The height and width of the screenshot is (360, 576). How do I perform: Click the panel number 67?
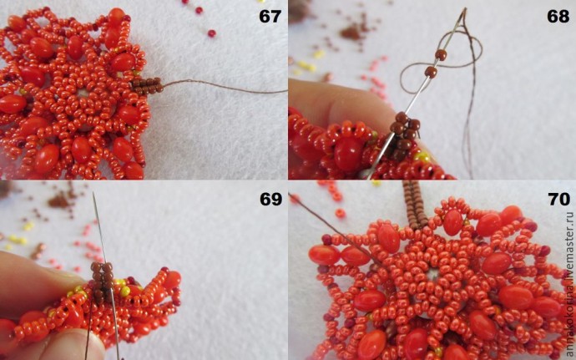click(x=270, y=16)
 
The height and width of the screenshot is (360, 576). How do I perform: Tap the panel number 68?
click(x=558, y=16)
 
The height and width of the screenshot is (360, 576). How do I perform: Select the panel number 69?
click(x=270, y=199)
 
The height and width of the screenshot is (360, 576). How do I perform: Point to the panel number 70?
click(x=559, y=199)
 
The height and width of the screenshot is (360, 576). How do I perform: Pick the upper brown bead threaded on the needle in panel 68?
click(x=441, y=55)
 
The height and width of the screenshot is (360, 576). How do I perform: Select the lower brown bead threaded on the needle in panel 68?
click(x=431, y=72)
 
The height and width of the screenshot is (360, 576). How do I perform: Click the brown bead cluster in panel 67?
click(x=147, y=86)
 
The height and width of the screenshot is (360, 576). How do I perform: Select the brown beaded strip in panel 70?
click(x=415, y=204)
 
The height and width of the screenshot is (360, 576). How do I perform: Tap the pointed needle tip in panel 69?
click(x=93, y=193)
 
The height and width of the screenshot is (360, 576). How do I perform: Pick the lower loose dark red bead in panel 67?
click(x=211, y=33)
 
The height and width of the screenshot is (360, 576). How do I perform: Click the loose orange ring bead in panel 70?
click(x=340, y=214)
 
